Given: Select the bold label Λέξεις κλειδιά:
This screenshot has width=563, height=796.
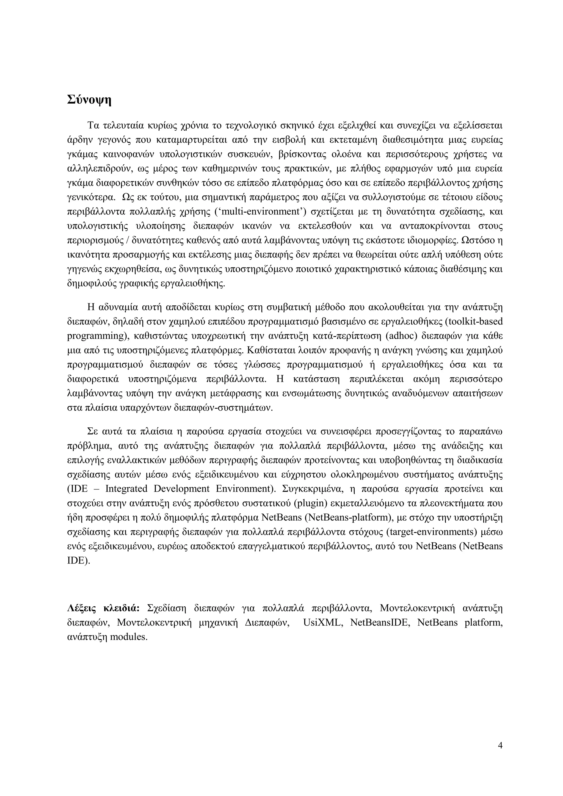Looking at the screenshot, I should point(103,608).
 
